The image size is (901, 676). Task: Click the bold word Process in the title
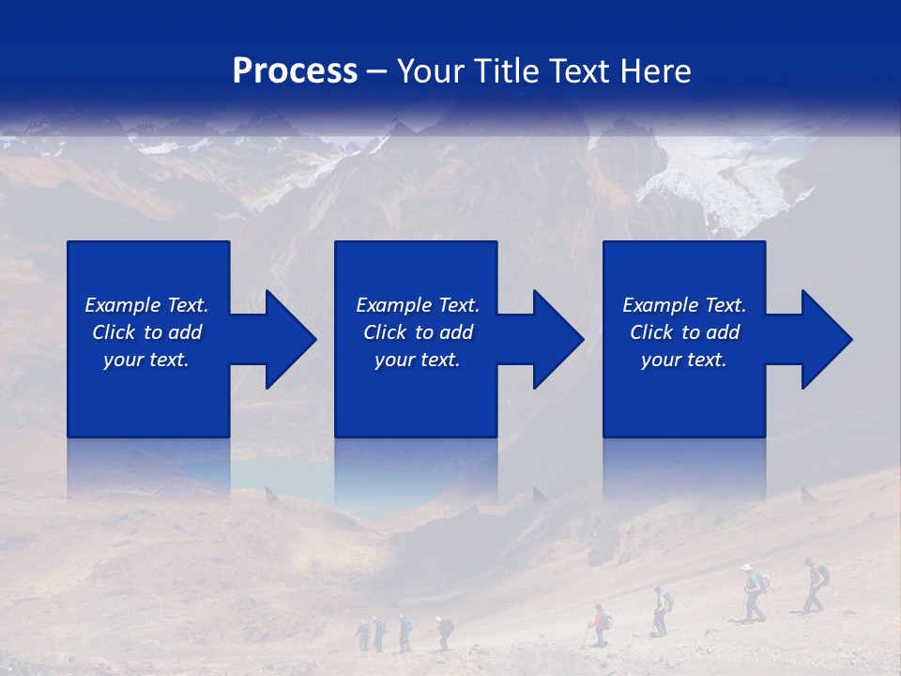point(295,71)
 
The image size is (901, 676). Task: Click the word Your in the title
point(432,71)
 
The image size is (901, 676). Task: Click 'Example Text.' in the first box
point(146,305)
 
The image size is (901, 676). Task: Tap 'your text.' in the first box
point(146,360)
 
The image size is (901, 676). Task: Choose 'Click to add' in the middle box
point(418,332)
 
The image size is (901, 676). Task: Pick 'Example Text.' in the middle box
point(418,305)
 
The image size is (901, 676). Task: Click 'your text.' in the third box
point(684,360)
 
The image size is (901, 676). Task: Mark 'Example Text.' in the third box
point(684,305)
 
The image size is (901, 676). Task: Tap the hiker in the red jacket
point(598,622)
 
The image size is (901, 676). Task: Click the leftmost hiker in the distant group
point(363,634)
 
